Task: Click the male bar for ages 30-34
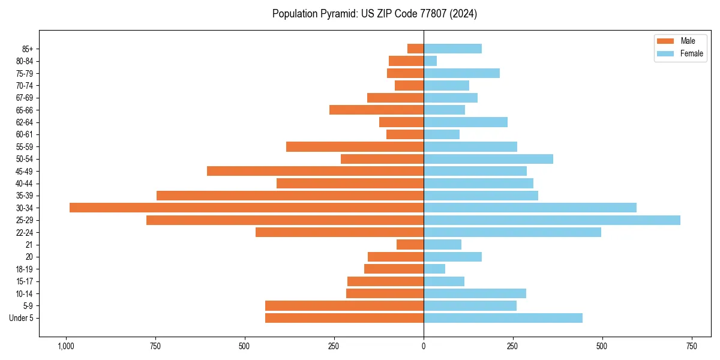(247, 208)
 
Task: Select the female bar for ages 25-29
(552, 220)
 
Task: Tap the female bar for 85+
(452, 49)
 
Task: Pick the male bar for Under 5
(344, 318)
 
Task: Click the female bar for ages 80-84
(430, 61)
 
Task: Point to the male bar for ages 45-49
(315, 171)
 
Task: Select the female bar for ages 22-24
(512, 232)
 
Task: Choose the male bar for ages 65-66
(376, 110)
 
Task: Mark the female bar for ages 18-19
(434, 269)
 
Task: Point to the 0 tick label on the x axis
(424, 346)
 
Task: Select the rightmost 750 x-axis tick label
(691, 346)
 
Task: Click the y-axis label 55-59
(25, 146)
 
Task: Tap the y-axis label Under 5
(21, 318)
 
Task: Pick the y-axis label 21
(29, 245)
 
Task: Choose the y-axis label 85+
(26, 49)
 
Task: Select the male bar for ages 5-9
(344, 305)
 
